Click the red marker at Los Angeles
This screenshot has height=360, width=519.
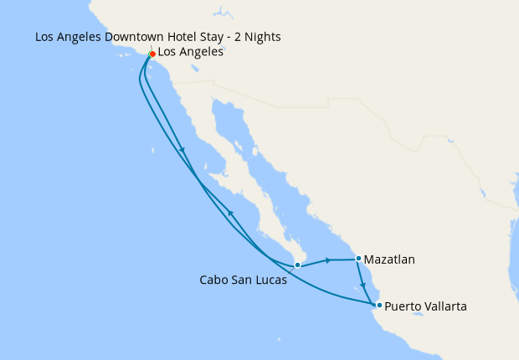click(152, 54)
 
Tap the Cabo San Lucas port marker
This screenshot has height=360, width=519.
click(297, 265)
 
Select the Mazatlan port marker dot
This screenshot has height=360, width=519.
click(358, 259)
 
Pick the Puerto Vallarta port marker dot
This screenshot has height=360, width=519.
click(379, 305)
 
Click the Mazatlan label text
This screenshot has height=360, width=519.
click(390, 260)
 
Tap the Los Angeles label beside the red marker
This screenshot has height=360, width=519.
click(190, 52)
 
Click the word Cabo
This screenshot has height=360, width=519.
click(213, 280)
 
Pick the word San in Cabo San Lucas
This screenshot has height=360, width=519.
click(242, 280)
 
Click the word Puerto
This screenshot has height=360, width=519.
click(403, 307)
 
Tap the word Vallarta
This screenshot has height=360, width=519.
click(444, 307)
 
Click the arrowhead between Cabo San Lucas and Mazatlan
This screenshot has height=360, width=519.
click(328, 260)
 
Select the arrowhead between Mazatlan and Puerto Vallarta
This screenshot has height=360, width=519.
click(362, 285)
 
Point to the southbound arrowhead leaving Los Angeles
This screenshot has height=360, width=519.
click(182, 151)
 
